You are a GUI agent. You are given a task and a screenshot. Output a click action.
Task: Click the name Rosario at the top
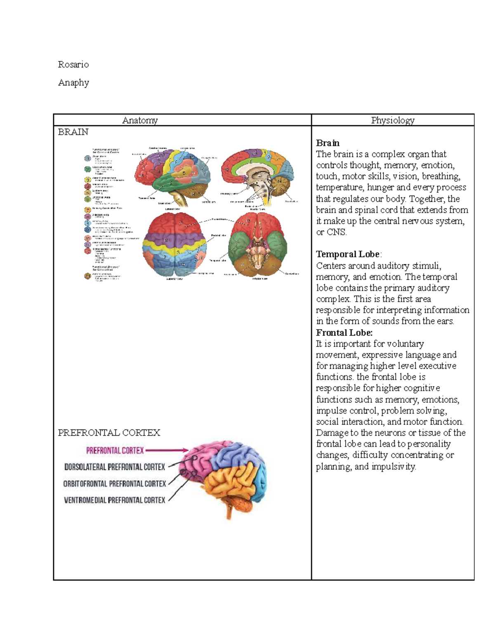(x=73, y=64)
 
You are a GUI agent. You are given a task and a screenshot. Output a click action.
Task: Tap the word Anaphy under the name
(x=73, y=82)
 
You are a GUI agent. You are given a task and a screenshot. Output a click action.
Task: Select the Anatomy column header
(x=140, y=120)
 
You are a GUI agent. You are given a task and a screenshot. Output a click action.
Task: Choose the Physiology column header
(x=393, y=120)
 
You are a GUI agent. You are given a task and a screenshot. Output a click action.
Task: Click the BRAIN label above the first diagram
(x=73, y=132)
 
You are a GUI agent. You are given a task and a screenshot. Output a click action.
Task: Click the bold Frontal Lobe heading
(x=344, y=333)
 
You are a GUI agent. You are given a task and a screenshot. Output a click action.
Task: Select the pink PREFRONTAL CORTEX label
(x=115, y=450)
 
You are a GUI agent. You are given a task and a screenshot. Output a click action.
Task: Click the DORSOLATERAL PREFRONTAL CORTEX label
(x=115, y=467)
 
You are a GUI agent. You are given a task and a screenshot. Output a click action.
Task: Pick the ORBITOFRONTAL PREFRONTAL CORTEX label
(x=115, y=483)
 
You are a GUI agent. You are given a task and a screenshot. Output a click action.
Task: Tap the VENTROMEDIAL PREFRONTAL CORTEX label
(x=115, y=500)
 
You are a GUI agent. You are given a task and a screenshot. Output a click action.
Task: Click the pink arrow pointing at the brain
(x=167, y=450)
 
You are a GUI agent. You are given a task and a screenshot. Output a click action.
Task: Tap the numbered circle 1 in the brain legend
(x=87, y=158)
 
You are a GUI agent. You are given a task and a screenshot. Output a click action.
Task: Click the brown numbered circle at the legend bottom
(x=87, y=276)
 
